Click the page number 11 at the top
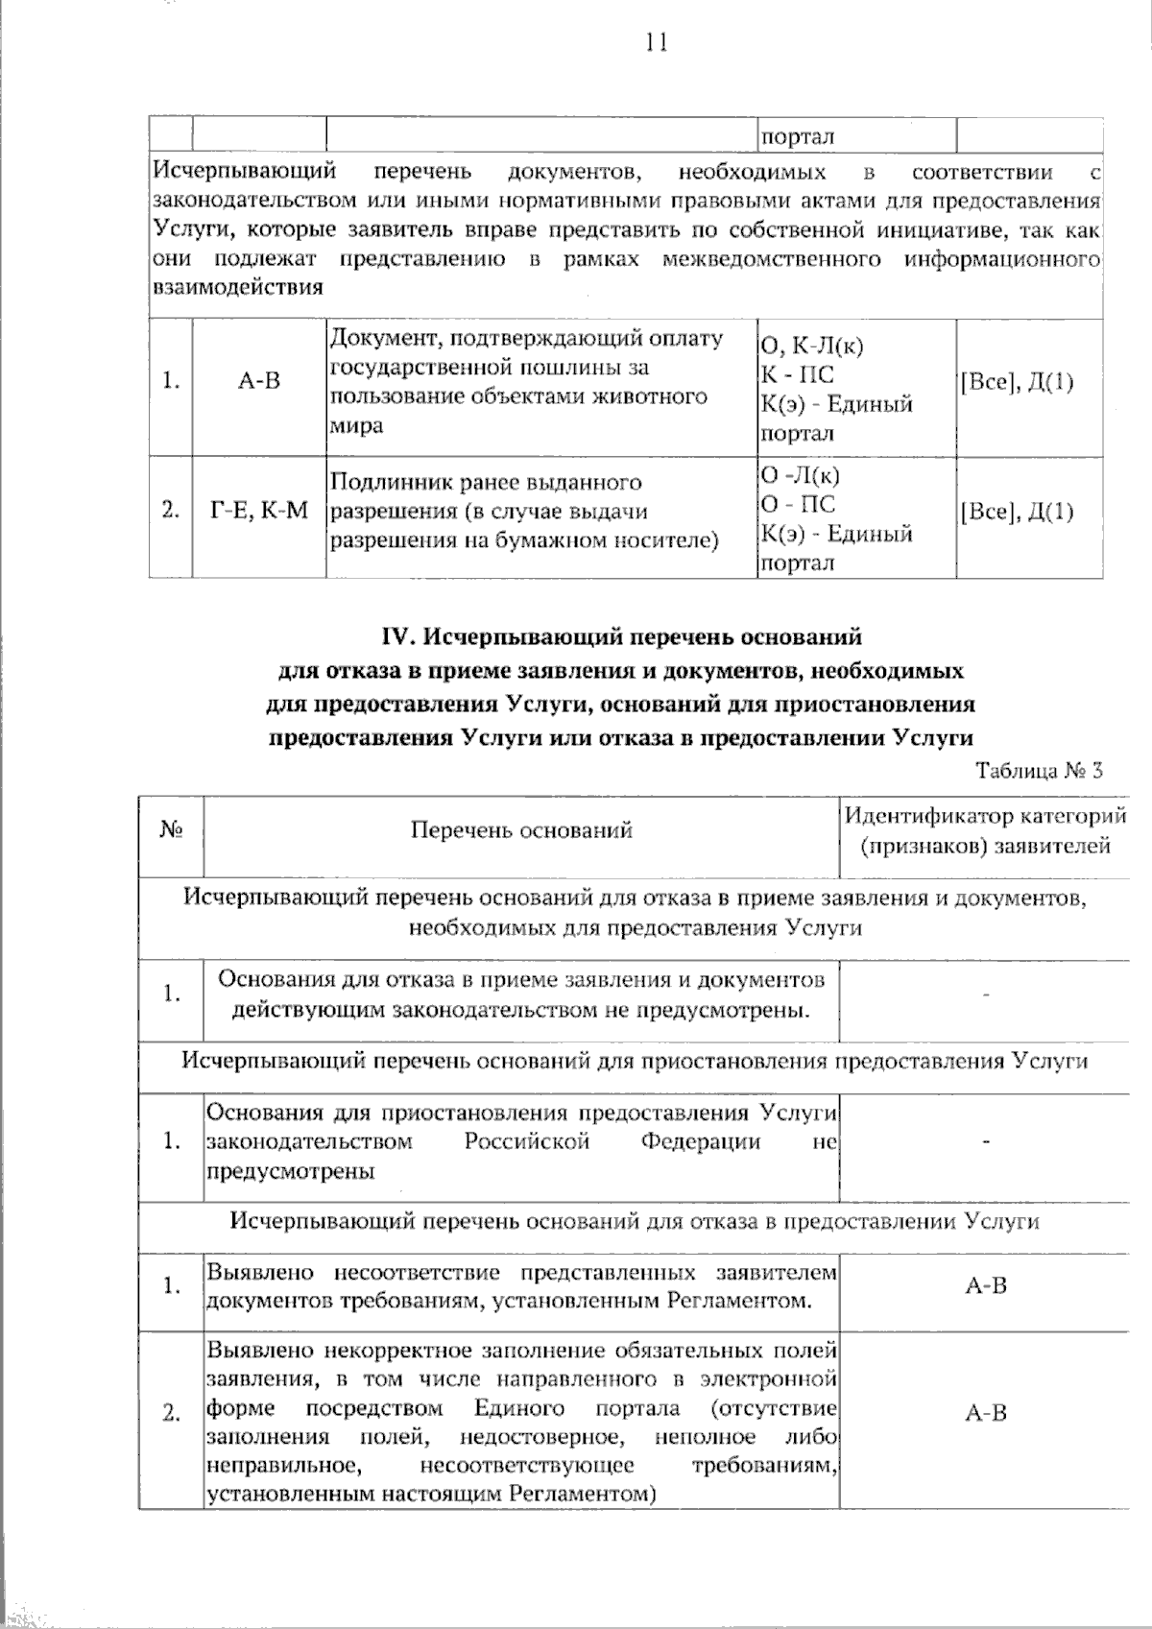click(657, 42)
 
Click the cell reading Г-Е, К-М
click(259, 511)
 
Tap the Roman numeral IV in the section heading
click(398, 636)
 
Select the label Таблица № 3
click(1040, 771)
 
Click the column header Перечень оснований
click(521, 830)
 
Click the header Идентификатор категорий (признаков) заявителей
click(985, 831)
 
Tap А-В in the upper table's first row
click(259, 381)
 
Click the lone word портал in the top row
click(797, 137)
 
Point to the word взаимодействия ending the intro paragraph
click(237, 287)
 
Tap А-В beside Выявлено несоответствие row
click(985, 1286)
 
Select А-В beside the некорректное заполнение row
click(985, 1413)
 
